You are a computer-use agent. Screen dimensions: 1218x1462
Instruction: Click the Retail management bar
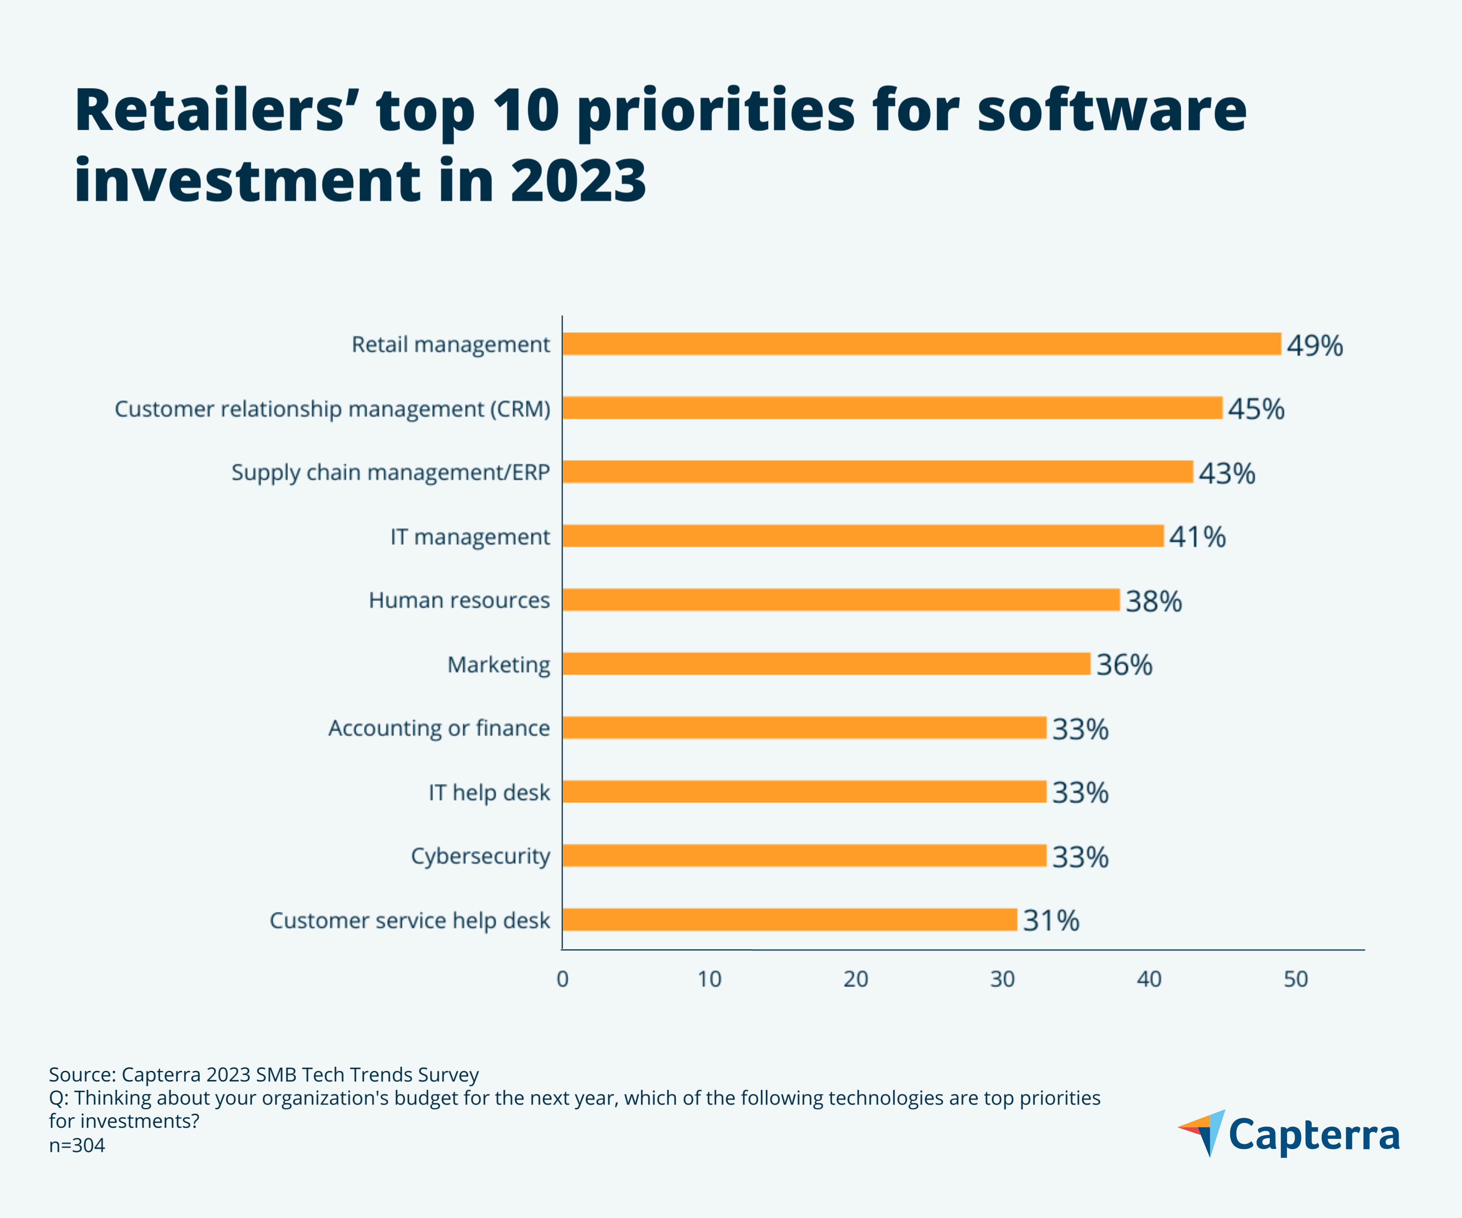921,344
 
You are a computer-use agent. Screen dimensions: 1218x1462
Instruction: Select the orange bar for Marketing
826,663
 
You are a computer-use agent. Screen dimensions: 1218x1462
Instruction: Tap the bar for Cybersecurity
804,856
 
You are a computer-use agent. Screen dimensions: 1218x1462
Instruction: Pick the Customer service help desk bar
790,920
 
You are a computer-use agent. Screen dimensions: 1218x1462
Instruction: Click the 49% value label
1314,345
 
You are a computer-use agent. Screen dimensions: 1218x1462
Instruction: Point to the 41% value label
1197,537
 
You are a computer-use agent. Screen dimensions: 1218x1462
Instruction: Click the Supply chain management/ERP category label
390,472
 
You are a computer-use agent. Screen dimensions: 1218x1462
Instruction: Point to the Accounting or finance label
438,728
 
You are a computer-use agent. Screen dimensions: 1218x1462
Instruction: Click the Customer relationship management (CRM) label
332,408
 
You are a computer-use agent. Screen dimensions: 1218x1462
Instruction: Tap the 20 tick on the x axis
856,979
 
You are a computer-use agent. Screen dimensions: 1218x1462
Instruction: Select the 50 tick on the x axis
1295,979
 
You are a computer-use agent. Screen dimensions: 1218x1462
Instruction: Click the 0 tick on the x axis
562,979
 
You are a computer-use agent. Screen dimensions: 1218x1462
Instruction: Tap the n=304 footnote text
77,1146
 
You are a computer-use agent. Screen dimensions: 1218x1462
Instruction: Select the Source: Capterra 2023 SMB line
263,1075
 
